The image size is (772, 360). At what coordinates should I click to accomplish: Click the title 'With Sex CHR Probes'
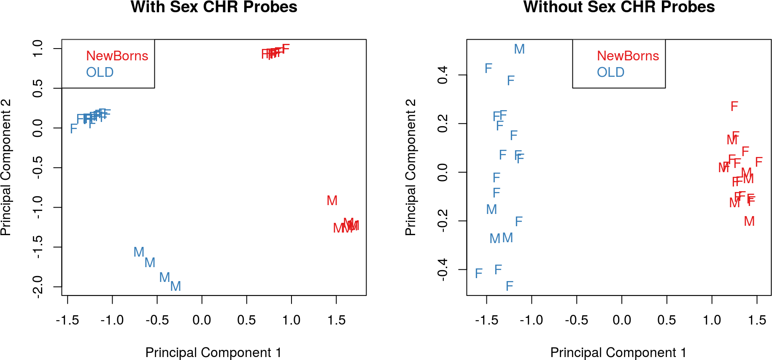click(214, 7)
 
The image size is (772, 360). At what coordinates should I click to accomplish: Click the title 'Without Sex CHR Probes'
click(619, 7)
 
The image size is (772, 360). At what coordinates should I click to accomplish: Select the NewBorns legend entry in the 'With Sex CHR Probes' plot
click(117, 56)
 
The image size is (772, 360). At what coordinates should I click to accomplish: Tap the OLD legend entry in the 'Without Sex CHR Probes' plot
click(610, 72)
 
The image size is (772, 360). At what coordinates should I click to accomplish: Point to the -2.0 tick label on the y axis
click(37, 287)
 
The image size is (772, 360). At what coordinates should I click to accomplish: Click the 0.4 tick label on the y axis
click(443, 75)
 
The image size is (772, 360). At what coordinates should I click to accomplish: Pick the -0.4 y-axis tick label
click(443, 269)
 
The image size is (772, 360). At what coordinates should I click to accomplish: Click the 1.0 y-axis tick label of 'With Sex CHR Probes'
click(37, 49)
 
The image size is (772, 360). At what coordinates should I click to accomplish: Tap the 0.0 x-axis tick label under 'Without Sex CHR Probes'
click(621, 320)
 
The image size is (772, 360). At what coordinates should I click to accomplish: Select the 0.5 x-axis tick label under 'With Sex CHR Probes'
click(246, 320)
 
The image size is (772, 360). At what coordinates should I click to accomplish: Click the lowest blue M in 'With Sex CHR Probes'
click(175, 286)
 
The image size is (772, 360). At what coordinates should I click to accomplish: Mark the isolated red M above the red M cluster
click(332, 200)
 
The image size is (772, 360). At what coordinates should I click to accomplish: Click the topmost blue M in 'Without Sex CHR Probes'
click(519, 49)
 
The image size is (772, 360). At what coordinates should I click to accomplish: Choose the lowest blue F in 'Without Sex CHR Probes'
click(509, 286)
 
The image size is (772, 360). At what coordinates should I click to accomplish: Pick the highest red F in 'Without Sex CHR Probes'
click(734, 106)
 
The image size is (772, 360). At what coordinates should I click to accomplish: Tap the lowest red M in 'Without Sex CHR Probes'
click(749, 221)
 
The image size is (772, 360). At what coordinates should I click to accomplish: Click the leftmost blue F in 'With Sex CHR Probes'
click(73, 129)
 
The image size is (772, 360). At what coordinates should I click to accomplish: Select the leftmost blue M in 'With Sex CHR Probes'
click(139, 252)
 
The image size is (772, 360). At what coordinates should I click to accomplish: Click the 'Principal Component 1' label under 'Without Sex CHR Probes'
click(618, 352)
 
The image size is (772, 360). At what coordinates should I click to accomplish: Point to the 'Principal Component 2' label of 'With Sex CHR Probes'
click(6, 168)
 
